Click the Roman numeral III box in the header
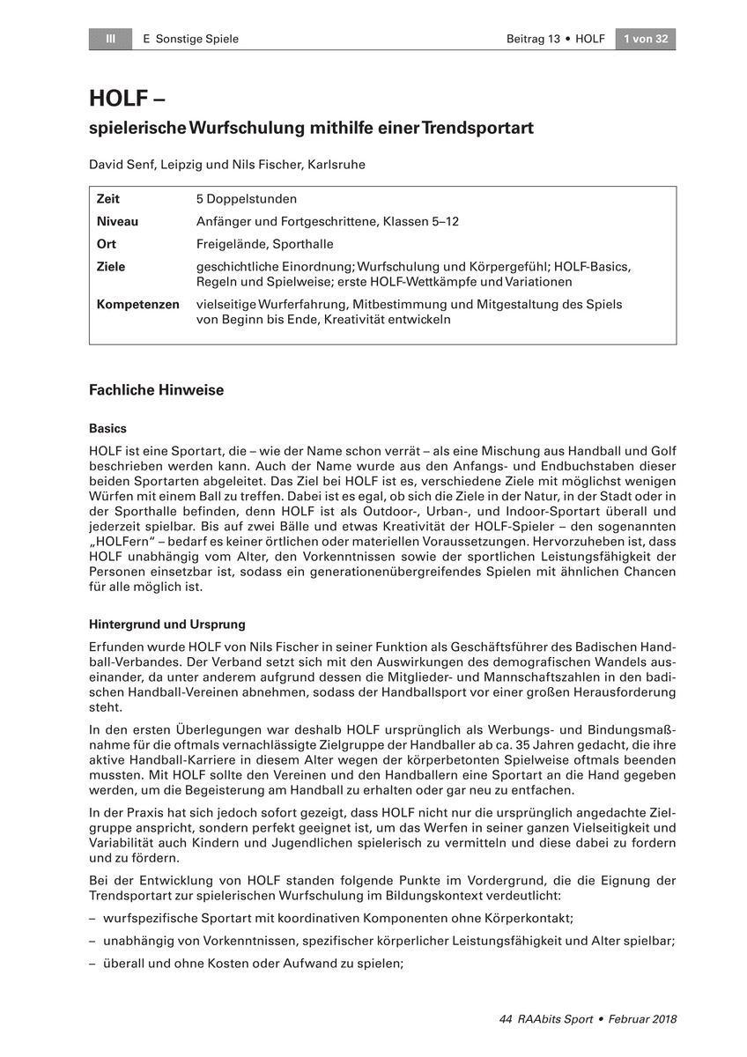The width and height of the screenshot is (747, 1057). pyautogui.click(x=111, y=39)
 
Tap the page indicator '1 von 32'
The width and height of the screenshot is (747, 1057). pyautogui.click(x=645, y=39)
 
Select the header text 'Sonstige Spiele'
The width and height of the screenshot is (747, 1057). pyautogui.click(x=196, y=39)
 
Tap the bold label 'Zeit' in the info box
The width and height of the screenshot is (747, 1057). pyautogui.click(x=108, y=200)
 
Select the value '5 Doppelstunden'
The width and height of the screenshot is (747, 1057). pyautogui.click(x=247, y=200)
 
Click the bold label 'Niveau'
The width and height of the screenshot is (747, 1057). pyautogui.click(x=117, y=222)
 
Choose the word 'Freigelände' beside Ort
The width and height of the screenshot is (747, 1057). pyautogui.click(x=229, y=244)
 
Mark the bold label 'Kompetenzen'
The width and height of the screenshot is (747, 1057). pyautogui.click(x=137, y=305)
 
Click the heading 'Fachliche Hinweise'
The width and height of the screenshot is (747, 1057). pyautogui.click(x=156, y=390)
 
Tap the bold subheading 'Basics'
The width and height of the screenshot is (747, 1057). pyautogui.click(x=107, y=429)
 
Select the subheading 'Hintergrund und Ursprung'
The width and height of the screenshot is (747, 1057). pyautogui.click(x=166, y=625)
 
